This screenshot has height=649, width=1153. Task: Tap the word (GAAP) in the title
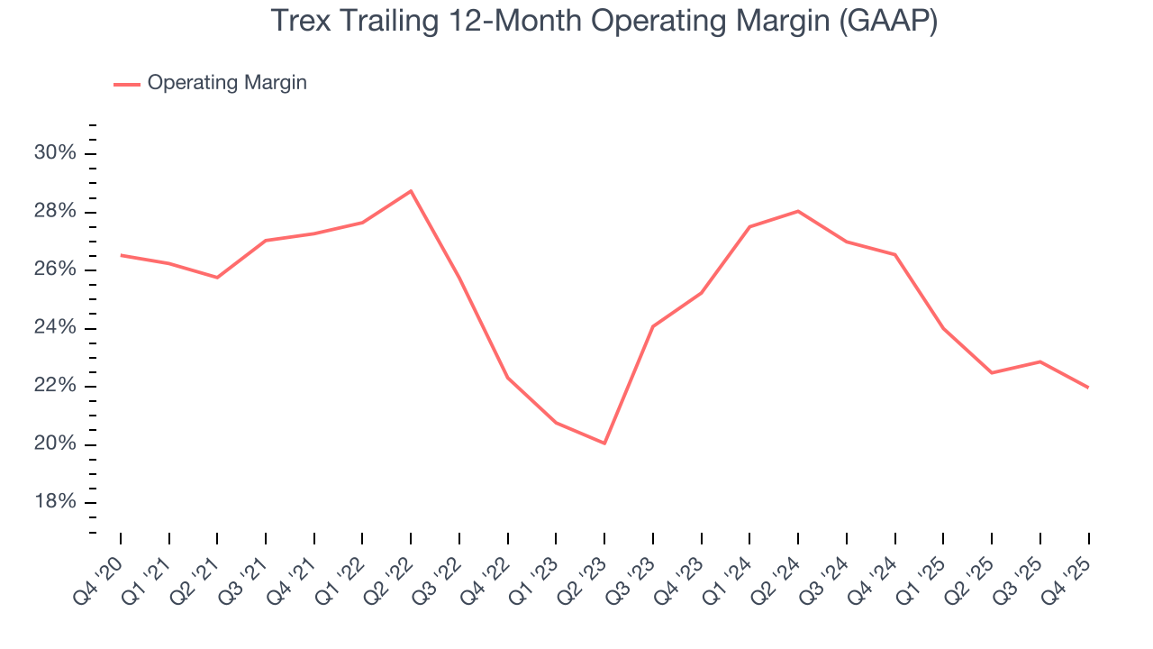[x=887, y=22]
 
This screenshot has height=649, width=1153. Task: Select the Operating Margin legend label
[x=227, y=83]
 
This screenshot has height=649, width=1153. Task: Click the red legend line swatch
[x=126, y=84]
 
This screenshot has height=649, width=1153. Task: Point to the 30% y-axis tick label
[x=55, y=153]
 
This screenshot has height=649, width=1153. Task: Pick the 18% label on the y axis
[x=55, y=503]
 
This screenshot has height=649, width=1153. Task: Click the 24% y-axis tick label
[x=55, y=328]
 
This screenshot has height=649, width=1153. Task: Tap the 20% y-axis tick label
[x=55, y=444]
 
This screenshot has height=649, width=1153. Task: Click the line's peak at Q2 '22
[x=411, y=191]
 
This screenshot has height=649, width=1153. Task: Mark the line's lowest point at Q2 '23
[x=604, y=443]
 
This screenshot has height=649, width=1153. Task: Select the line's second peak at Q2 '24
[x=798, y=211]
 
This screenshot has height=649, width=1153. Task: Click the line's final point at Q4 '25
[x=1088, y=388]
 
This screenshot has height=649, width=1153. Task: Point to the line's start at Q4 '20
[x=121, y=255]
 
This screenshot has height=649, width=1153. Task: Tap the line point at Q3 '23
[x=653, y=325]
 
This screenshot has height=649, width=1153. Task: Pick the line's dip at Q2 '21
[x=217, y=277]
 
